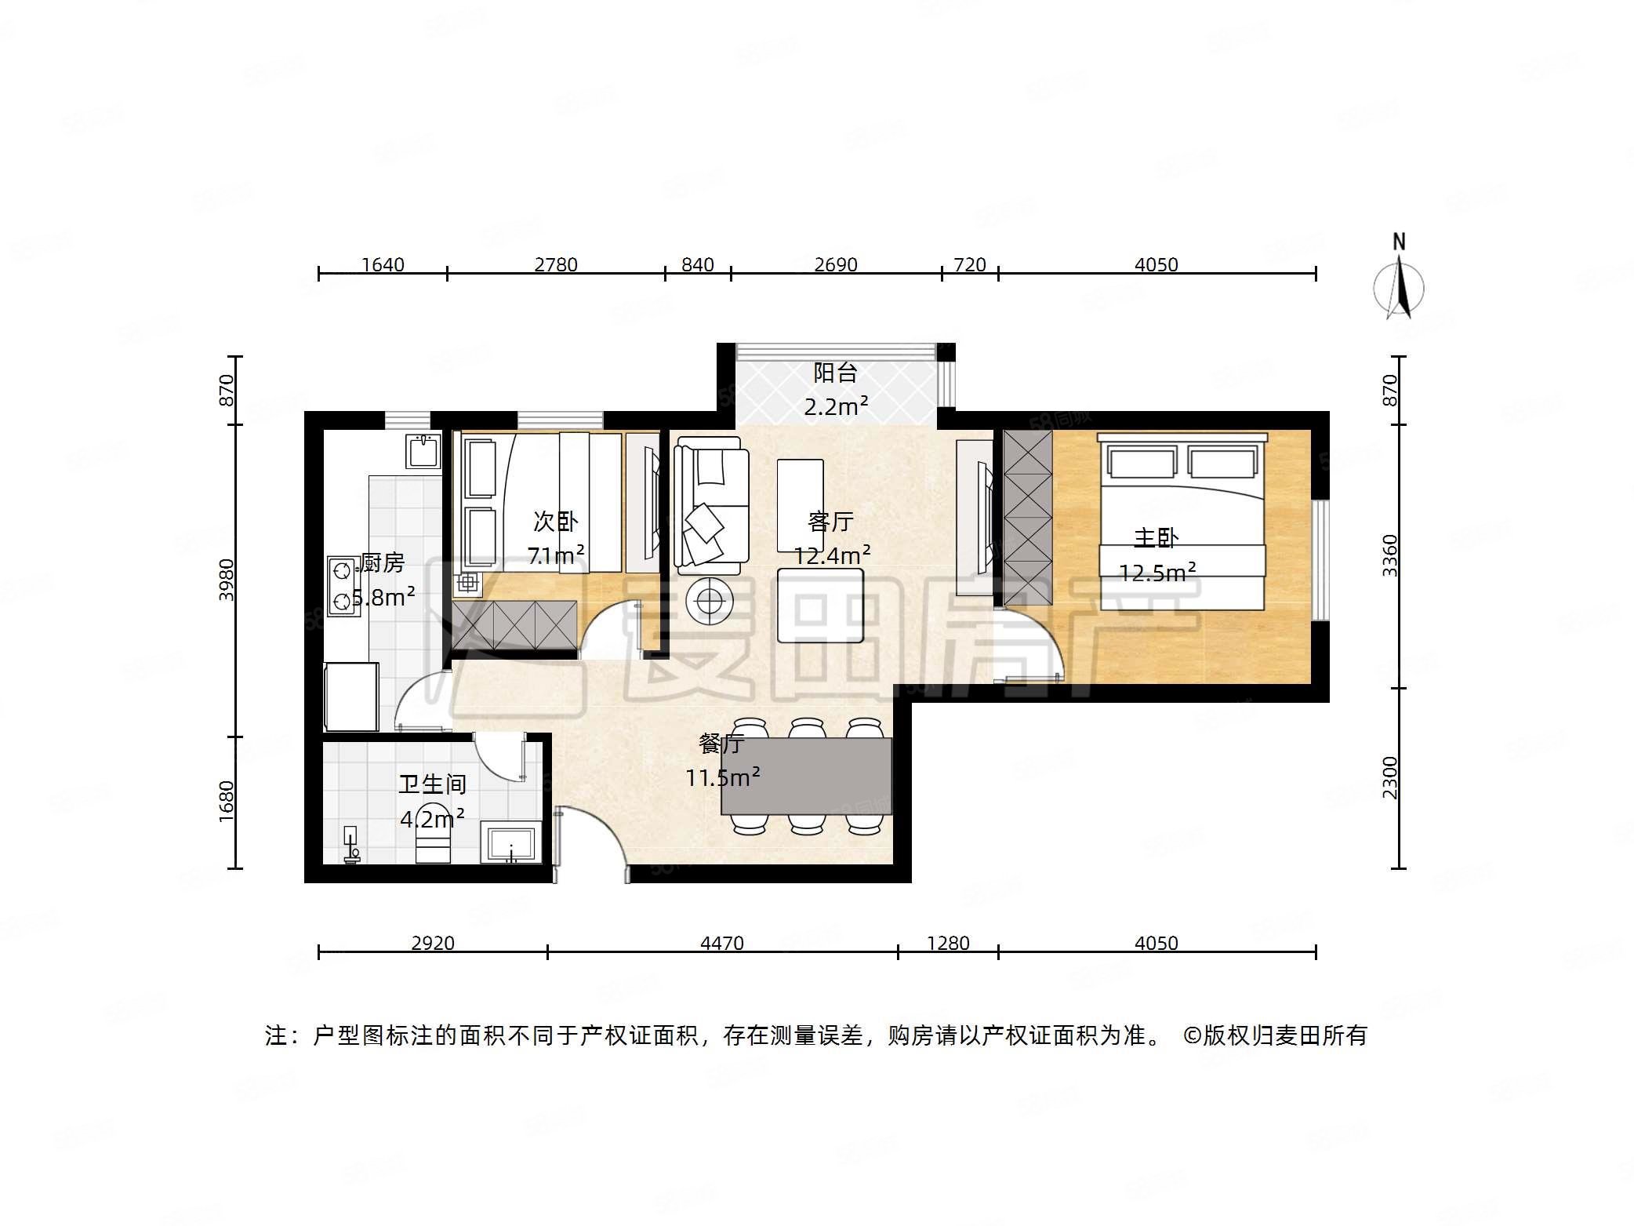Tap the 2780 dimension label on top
click(556, 264)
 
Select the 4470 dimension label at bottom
click(721, 943)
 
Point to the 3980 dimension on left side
click(226, 579)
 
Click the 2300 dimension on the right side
click(1389, 777)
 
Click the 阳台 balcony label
click(835, 373)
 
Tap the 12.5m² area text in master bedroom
click(1157, 573)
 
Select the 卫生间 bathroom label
click(432, 784)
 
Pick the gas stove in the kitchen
click(343, 585)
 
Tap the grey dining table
click(806, 776)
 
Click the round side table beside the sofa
click(710, 602)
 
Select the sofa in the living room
click(710, 502)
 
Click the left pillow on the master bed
click(1142, 462)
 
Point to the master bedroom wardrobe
click(1027, 518)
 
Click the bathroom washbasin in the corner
click(510, 842)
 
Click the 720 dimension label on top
click(970, 264)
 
